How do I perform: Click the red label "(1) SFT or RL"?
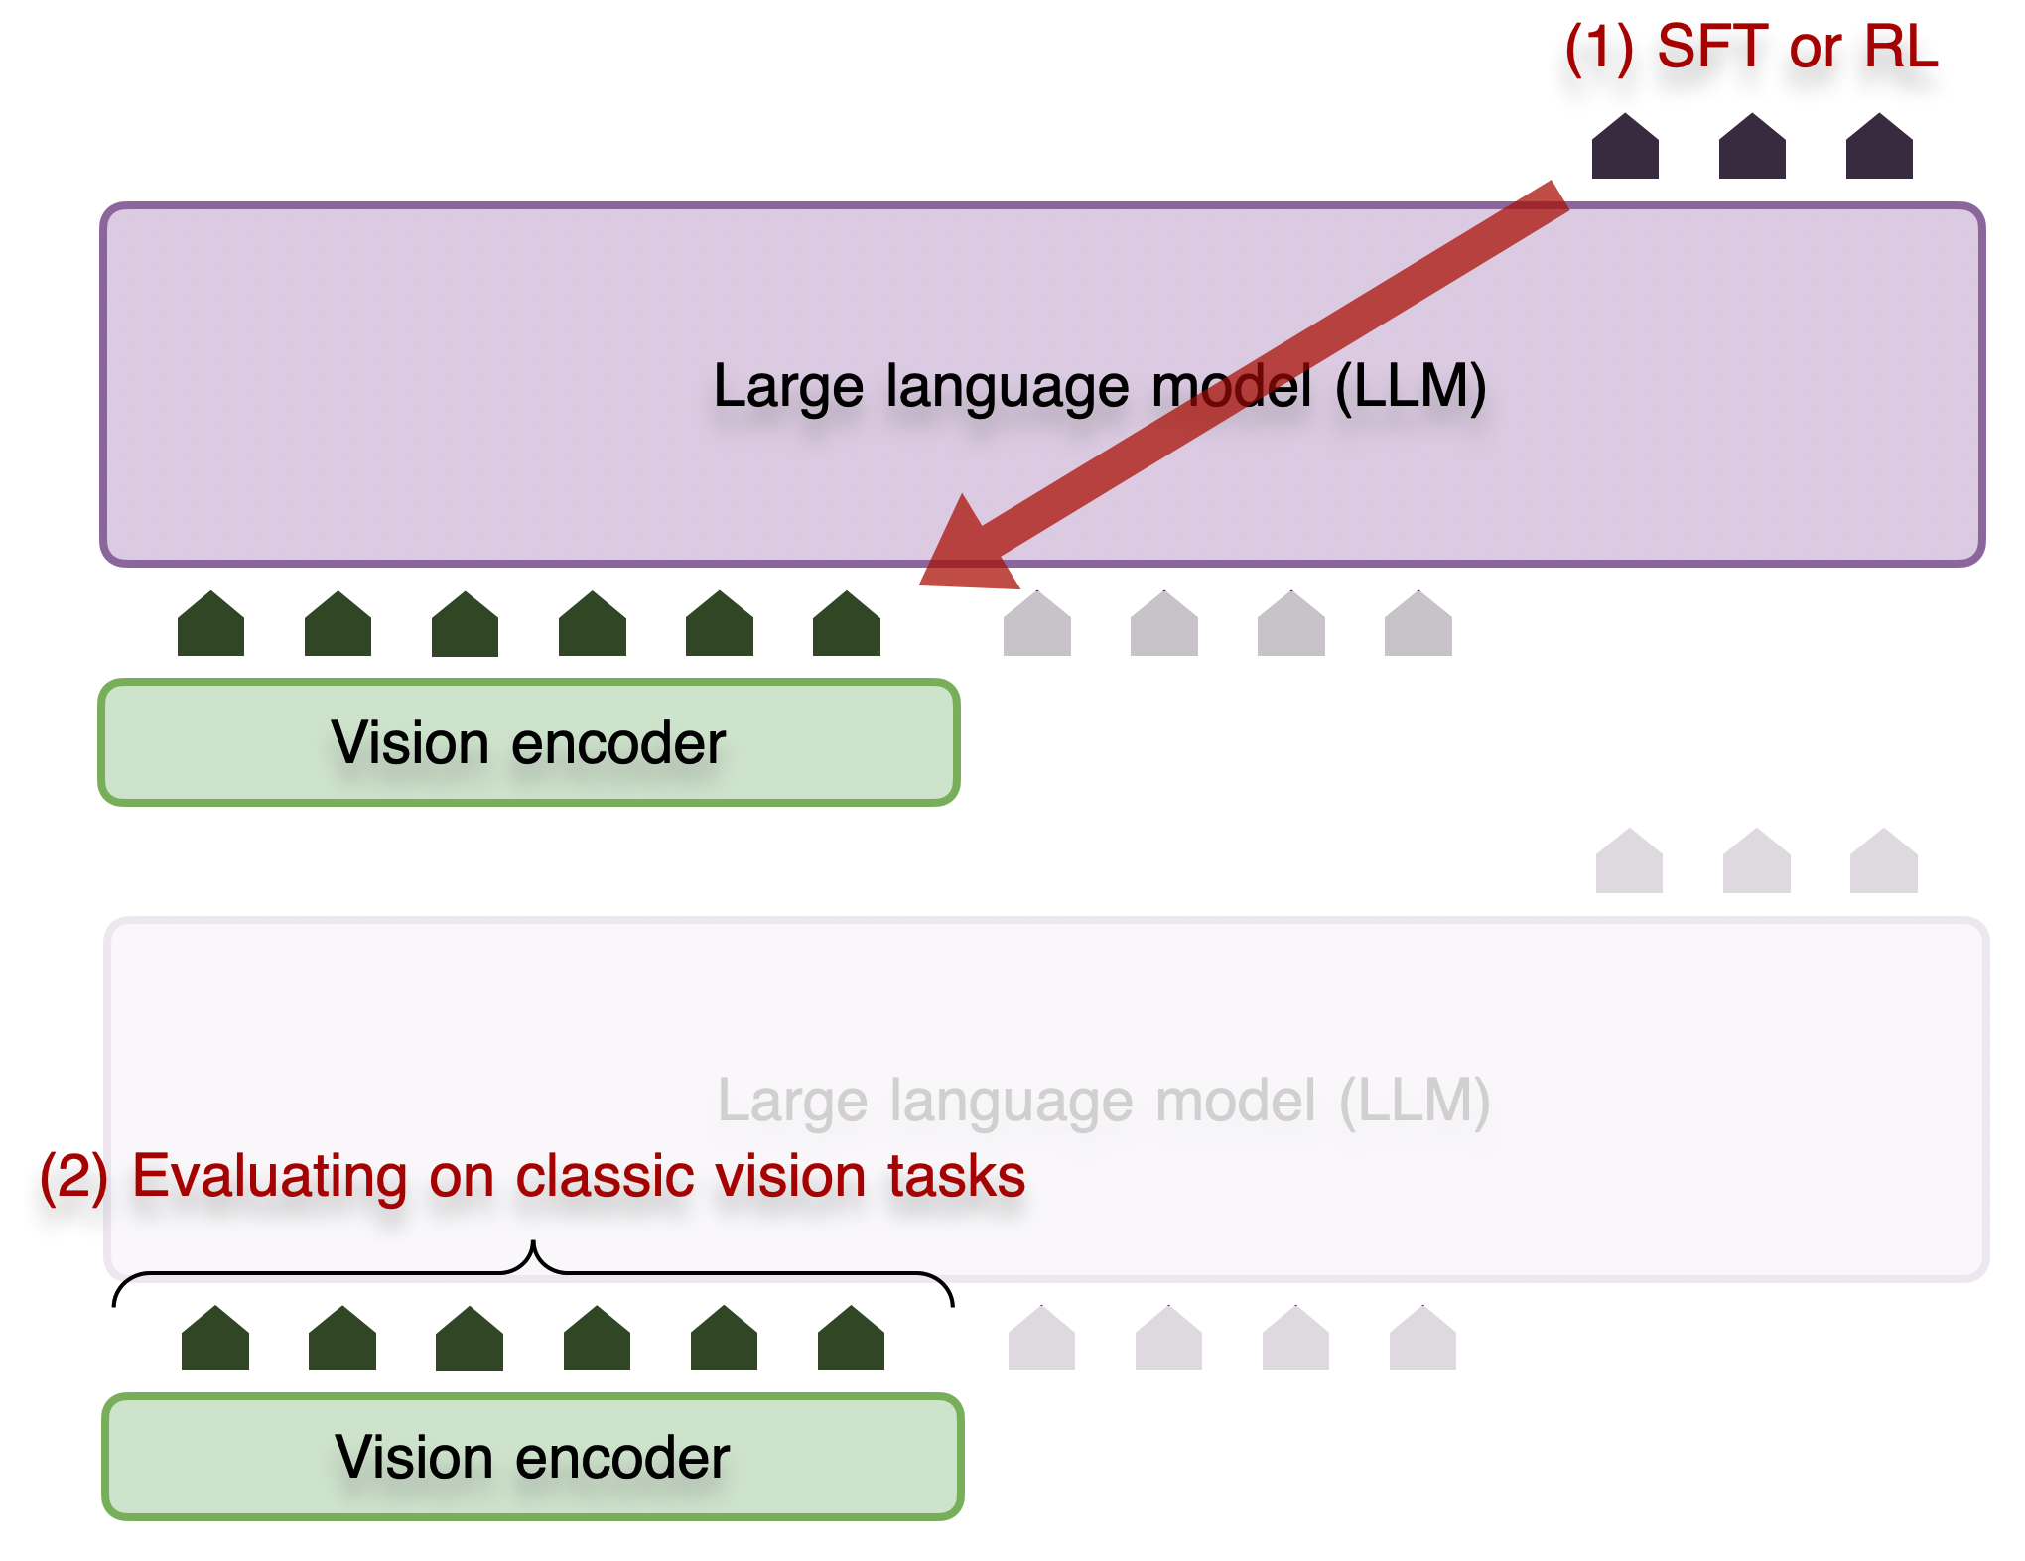[x=1751, y=47]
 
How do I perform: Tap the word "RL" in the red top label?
[x=1900, y=47]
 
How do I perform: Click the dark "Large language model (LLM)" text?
[x=1099, y=386]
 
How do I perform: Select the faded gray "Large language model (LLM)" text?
[x=1103, y=1101]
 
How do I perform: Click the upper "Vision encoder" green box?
[x=529, y=742]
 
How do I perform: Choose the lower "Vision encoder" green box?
[x=533, y=1457]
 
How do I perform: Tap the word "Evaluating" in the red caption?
[x=269, y=1177]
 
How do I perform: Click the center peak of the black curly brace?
[x=533, y=1245]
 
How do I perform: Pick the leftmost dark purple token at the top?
[x=1625, y=148]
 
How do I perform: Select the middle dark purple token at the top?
[x=1752, y=148]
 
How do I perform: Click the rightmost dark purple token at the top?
[x=1879, y=148]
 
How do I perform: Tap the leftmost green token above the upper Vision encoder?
[x=210, y=625]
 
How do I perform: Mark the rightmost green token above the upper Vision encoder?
[x=847, y=625]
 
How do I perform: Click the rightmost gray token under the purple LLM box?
[x=1418, y=625]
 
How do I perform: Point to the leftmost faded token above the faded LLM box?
[x=1629, y=862]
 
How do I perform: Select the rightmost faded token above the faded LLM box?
[x=1884, y=862]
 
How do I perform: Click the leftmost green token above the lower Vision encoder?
[x=215, y=1340]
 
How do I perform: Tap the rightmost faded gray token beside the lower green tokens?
[x=1422, y=1340]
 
